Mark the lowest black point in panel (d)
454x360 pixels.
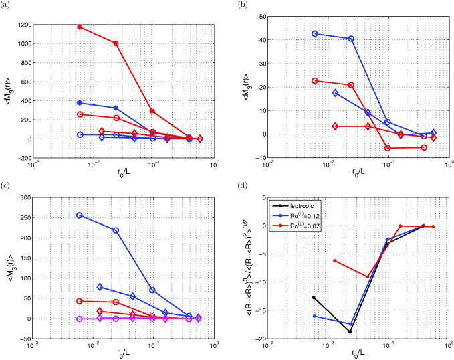350,331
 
